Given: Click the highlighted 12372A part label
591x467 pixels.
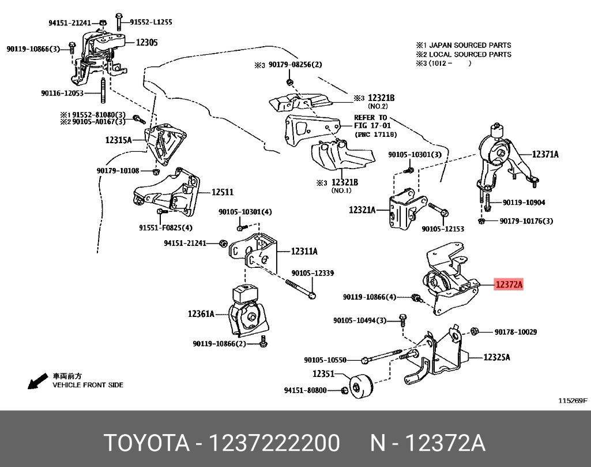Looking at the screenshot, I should [508, 285].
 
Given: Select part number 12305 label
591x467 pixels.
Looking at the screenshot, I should [146, 42].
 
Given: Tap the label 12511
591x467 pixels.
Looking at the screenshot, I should [222, 193].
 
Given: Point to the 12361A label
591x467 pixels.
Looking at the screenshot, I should [201, 314].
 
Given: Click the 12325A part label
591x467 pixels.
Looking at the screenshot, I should [497, 357].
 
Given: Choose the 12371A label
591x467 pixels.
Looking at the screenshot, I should [545, 154].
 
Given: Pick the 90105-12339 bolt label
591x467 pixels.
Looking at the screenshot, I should [312, 273].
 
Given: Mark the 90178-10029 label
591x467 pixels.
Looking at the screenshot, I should [515, 332].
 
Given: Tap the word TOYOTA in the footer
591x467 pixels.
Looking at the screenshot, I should [146, 443].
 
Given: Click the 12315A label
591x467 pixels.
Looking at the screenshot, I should [118, 140].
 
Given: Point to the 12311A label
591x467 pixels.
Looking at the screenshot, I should [304, 251].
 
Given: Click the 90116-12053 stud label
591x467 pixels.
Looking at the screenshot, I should [62, 93].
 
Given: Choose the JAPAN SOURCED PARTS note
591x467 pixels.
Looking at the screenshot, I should [464, 45].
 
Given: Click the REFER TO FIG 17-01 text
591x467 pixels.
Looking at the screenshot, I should [370, 122].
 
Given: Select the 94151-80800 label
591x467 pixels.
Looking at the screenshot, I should [305, 390].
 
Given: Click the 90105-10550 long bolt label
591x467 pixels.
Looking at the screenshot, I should [325, 360].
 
